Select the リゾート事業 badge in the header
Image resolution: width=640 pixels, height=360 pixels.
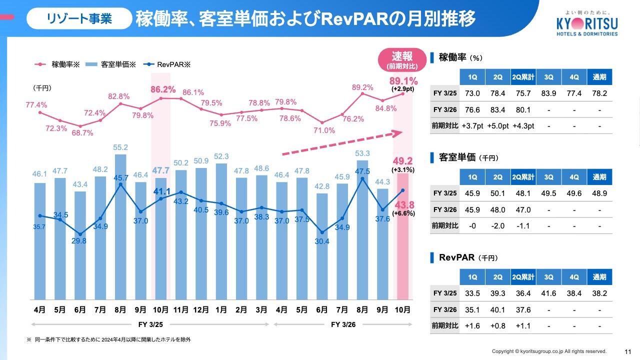click(79, 19)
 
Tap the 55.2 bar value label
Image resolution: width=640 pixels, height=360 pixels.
click(120, 147)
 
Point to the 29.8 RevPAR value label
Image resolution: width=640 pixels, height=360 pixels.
click(79, 240)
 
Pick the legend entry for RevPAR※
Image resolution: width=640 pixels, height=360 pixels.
click(167, 64)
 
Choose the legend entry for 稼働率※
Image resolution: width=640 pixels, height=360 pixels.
click(58, 64)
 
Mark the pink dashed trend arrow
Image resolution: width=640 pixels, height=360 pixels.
click(343, 143)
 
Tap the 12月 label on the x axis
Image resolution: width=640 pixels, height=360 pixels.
click(201, 310)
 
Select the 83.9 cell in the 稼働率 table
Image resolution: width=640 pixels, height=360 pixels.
click(548, 94)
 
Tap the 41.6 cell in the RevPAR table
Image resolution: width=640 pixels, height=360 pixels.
click(548, 293)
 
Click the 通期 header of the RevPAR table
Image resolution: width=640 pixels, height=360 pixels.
click(599, 277)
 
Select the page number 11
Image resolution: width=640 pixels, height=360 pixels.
click(627, 351)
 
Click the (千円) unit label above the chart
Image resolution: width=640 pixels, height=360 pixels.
click(42, 88)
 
